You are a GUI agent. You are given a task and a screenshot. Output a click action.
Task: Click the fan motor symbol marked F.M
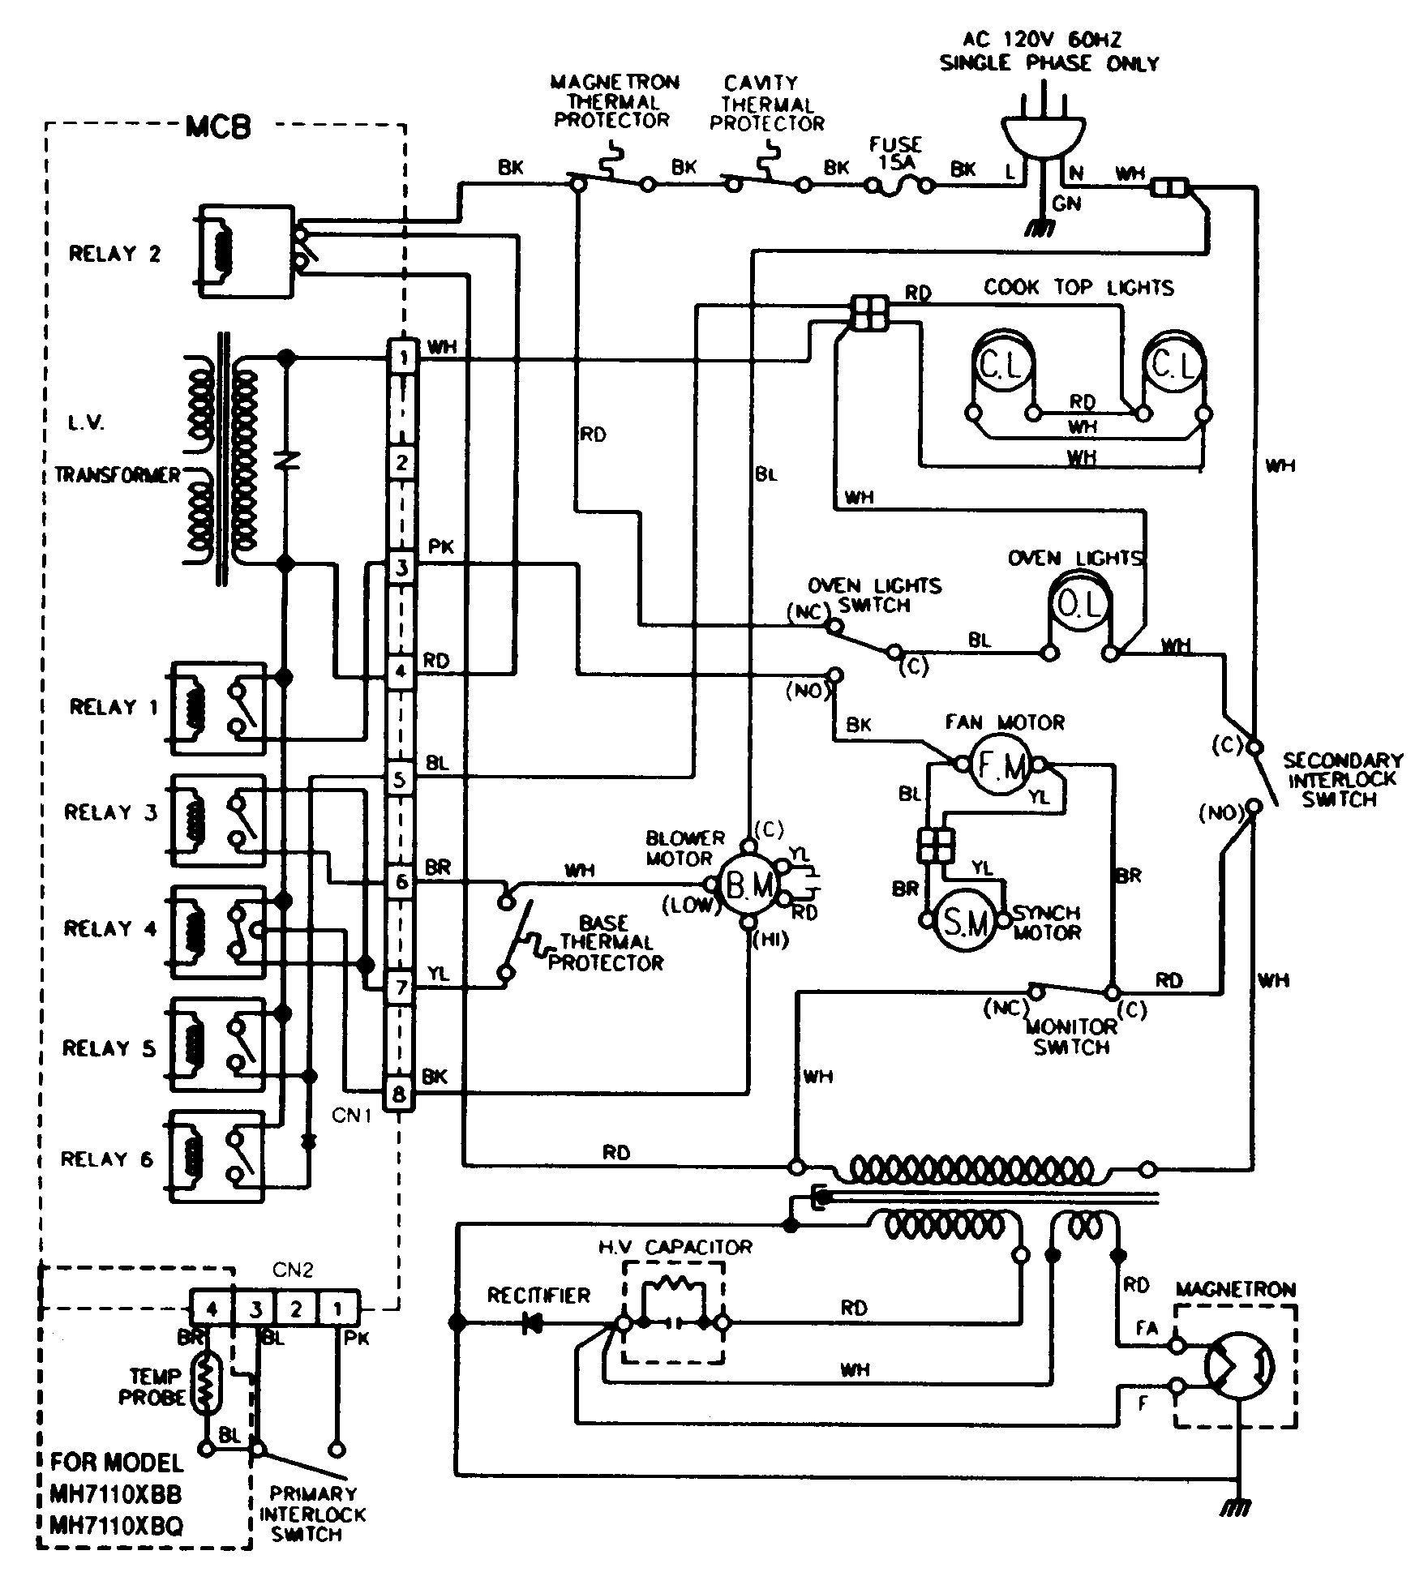[x=999, y=765]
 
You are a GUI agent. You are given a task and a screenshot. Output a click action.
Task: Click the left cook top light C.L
[x=1002, y=366]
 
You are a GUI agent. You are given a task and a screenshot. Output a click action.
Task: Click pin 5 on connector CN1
[x=400, y=780]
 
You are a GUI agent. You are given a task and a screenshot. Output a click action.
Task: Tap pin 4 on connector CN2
[x=211, y=1309]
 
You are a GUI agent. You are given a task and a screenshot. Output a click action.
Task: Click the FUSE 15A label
[x=895, y=152]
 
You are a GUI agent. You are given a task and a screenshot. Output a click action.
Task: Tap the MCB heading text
[x=218, y=127]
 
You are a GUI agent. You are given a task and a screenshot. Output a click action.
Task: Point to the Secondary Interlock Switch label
[x=1342, y=779]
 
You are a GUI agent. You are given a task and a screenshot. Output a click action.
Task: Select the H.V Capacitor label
[x=675, y=1246]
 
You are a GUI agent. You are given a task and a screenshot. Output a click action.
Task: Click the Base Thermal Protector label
[x=606, y=943]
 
